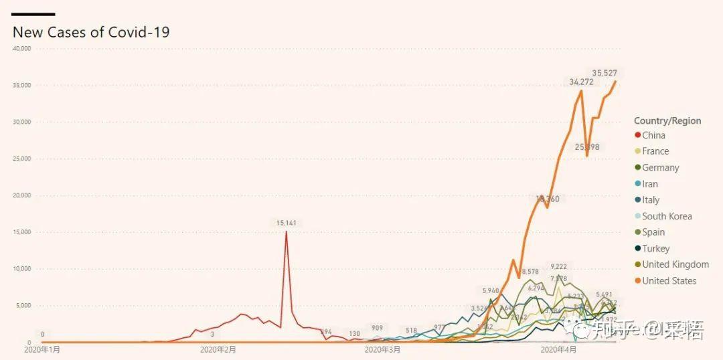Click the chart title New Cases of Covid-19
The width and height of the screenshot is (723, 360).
point(91,32)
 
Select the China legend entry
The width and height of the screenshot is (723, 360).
point(653,135)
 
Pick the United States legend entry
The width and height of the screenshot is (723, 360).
point(669,281)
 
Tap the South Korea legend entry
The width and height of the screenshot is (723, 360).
point(667,216)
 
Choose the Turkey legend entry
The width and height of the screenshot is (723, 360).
point(655,248)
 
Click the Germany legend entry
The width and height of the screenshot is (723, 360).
point(660,167)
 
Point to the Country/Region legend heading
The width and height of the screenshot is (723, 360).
point(667,121)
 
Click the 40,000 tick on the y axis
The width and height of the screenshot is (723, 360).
point(22,48)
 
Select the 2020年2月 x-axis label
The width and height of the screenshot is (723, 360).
point(218,349)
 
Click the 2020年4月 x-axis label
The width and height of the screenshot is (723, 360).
point(558,349)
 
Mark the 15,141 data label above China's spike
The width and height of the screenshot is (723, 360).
point(287,223)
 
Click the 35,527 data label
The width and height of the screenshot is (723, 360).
point(605,73)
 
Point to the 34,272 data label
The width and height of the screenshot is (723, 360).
point(581,82)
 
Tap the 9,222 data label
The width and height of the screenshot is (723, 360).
point(558,267)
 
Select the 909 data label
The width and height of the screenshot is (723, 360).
point(378,329)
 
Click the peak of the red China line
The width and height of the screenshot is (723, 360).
point(287,232)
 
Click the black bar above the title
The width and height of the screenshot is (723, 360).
point(33,14)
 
